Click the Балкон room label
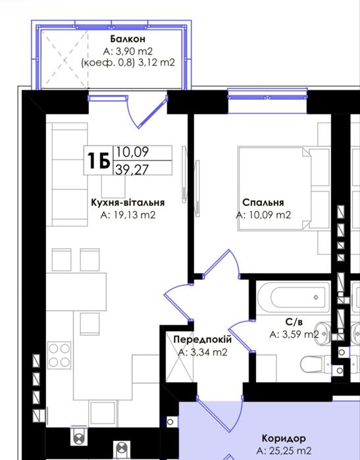[x=128, y=39]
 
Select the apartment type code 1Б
[x=98, y=161]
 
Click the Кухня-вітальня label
[x=128, y=203]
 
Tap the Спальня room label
[x=263, y=203]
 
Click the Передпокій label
[x=203, y=340]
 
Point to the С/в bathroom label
[x=294, y=322]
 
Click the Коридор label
[x=284, y=438]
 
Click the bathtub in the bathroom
[x=294, y=297]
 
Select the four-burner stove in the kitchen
[x=59, y=355]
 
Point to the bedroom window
[x=267, y=96]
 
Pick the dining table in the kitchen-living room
[x=76, y=292]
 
